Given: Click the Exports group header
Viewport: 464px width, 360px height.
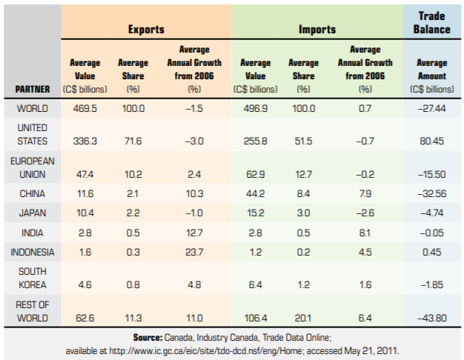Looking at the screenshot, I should point(146,30).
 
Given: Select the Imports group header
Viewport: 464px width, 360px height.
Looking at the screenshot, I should point(316,30).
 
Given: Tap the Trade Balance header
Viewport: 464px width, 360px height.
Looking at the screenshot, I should point(432,23).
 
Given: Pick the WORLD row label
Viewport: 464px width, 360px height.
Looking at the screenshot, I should point(30,108).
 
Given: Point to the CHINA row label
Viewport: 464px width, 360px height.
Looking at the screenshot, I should point(30,193).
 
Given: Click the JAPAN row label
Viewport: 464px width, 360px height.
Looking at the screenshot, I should point(30,213).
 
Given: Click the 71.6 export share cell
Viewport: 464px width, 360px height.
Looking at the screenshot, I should point(133,141).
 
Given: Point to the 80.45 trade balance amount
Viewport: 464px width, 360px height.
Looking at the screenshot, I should point(431,141).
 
